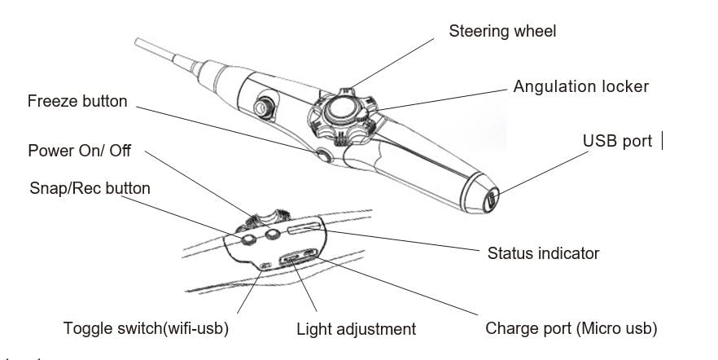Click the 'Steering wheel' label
tap(502, 32)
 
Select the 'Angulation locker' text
tap(580, 86)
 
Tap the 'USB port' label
tap(617, 141)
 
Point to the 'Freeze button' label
tap(77, 102)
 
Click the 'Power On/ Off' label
tap(79, 151)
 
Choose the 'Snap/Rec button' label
tap(90, 188)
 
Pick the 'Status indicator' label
tap(543, 253)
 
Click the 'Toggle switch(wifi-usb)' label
tap(146, 329)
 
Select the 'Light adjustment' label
tap(356, 329)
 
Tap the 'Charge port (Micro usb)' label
tap(571, 329)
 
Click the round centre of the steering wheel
tap(341, 110)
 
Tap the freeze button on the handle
tap(325, 155)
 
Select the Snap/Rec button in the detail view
tap(249, 240)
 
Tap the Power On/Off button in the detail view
tap(273, 235)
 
